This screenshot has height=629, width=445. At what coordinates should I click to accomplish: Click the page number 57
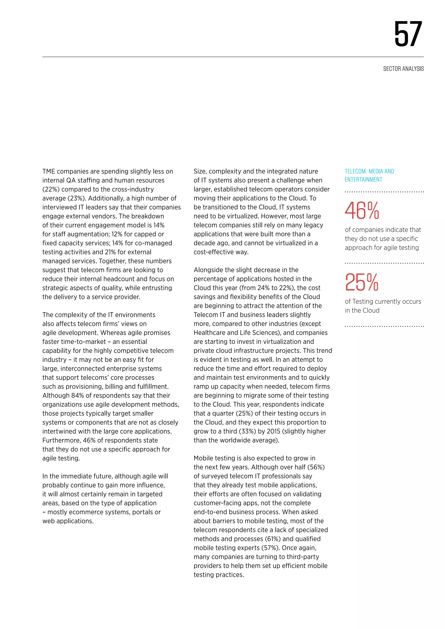408,34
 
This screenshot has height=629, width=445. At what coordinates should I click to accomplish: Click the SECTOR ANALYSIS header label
403,69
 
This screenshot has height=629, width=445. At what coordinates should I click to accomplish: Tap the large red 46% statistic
362,211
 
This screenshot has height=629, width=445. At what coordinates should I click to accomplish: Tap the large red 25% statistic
362,282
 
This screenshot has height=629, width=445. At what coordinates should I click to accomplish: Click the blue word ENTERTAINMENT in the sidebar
363,180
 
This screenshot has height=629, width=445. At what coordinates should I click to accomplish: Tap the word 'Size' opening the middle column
200,172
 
